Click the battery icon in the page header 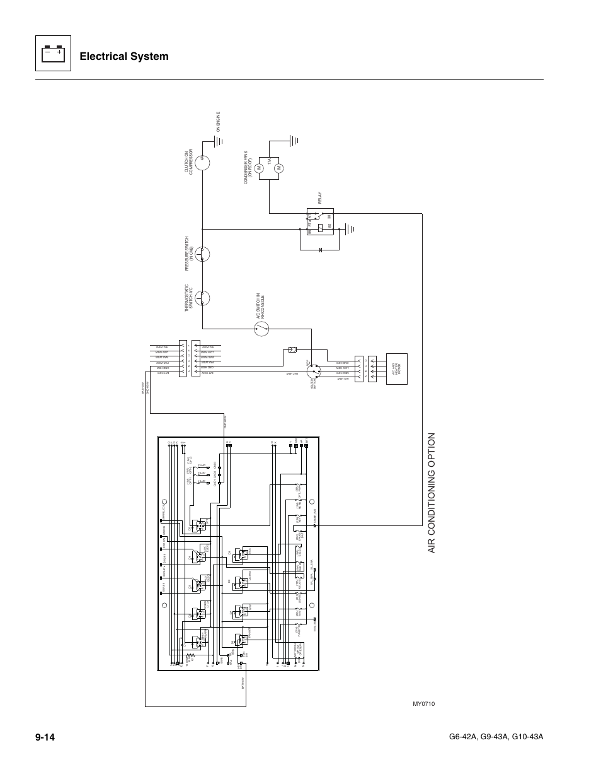pos(52,56)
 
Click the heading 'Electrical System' pos(125,56)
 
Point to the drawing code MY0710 pos(423,704)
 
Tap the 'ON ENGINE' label pos(219,122)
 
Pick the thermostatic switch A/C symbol pos(202,298)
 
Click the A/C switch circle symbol pos(261,327)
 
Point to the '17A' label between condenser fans pos(269,163)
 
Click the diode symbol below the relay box pos(321,250)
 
